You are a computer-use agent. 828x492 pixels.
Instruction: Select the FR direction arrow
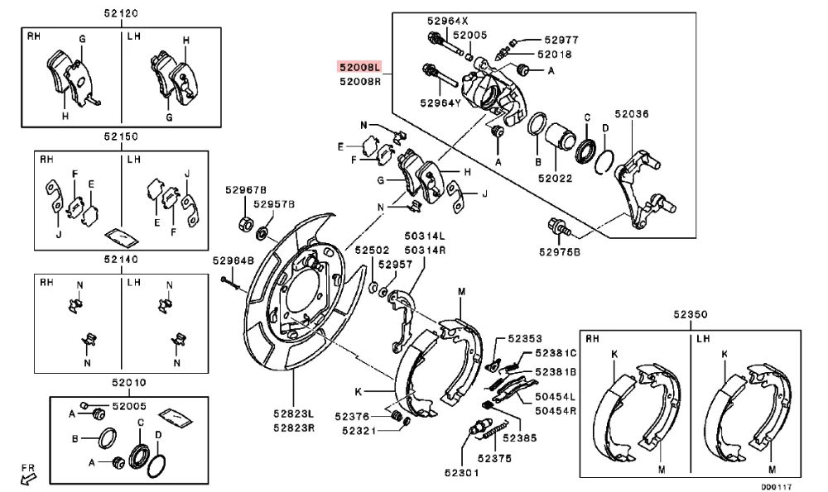29,474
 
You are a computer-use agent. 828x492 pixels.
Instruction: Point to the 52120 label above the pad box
121,14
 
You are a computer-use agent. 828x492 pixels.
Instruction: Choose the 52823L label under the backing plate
295,413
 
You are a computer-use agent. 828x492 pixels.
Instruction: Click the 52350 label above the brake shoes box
690,315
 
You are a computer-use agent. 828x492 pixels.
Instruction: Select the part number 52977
561,39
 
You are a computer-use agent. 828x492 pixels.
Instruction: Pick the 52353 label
525,338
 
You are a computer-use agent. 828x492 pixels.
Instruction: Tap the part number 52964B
233,260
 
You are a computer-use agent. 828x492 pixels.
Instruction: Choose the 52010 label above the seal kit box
121,382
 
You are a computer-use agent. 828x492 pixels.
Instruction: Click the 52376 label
353,416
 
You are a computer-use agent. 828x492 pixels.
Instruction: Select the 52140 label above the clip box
121,259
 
